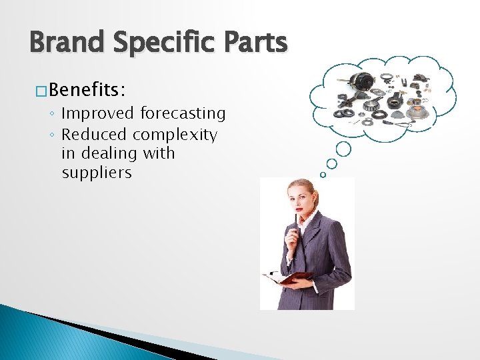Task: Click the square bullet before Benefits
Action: [x=40, y=89]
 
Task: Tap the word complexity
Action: [x=175, y=135]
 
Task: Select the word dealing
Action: [x=115, y=154]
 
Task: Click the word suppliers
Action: [x=97, y=173]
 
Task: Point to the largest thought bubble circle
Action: [x=344, y=148]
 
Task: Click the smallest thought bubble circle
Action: [x=323, y=175]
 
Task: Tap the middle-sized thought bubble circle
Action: [x=332, y=163]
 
